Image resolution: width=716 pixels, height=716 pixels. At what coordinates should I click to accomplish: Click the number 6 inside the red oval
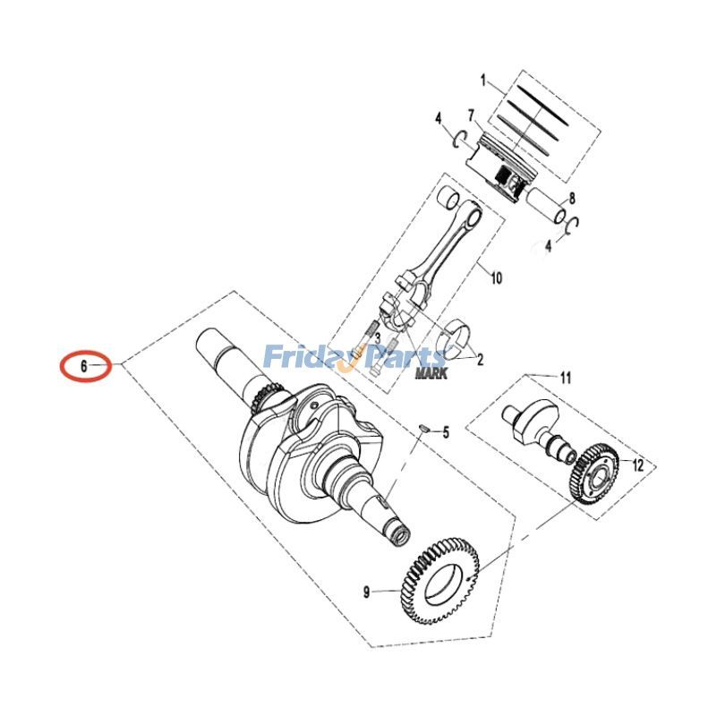tap(83, 366)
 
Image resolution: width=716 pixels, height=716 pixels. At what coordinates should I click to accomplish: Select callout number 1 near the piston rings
tap(484, 81)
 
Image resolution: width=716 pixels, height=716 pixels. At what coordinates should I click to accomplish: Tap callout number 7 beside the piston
tap(470, 116)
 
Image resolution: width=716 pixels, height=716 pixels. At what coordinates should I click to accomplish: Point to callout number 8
tap(572, 199)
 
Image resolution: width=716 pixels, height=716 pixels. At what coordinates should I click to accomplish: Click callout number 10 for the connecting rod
tap(496, 278)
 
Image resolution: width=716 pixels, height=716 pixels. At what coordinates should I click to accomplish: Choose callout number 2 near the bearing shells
tap(480, 361)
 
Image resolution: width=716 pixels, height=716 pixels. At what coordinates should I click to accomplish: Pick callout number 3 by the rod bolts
tap(378, 338)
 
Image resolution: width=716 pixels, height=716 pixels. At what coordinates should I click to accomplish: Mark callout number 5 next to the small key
tap(446, 432)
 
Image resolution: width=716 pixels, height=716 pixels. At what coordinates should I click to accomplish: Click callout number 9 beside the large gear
tap(366, 592)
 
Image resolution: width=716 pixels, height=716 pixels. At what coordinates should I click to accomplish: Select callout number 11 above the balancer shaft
tap(565, 378)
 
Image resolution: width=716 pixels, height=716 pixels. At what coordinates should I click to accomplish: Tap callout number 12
tap(638, 465)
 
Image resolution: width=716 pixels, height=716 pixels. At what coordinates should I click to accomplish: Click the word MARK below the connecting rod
tap(430, 372)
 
